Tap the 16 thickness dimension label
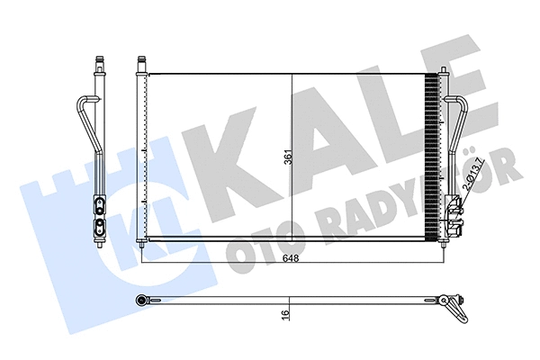click(x=285, y=315)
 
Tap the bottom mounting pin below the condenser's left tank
click(x=140, y=243)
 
